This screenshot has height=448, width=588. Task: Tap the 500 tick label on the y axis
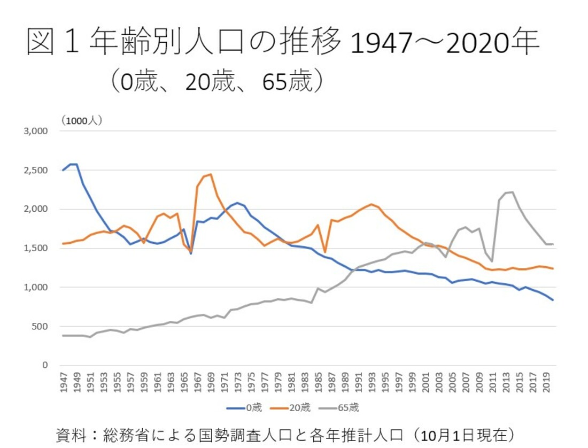click(41, 326)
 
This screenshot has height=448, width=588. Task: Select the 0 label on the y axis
click(45, 365)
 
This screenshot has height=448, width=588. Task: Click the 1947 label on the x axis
click(64, 382)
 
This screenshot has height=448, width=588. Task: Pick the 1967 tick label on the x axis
click(198, 382)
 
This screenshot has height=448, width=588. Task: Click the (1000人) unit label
click(81, 121)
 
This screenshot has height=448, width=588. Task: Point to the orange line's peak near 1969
click(211, 174)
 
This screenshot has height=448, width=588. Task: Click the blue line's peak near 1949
click(76, 164)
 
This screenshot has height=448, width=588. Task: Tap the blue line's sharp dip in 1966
click(191, 253)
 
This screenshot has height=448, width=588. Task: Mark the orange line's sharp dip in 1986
click(325, 252)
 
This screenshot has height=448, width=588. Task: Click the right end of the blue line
click(553, 300)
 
